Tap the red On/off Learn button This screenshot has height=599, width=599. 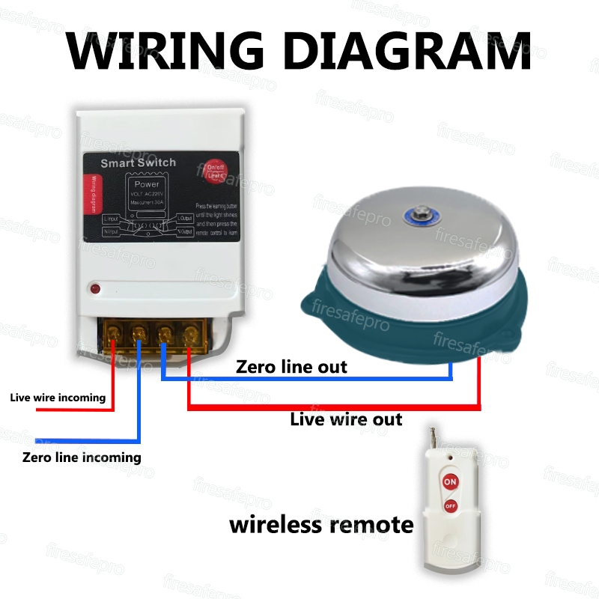tap(216, 171)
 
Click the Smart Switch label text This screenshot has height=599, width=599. tap(139, 162)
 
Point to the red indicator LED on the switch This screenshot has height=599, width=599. tap(95, 288)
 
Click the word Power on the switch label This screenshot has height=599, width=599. tap(147, 184)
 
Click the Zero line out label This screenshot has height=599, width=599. tap(291, 367)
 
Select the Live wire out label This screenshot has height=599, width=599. tap(346, 419)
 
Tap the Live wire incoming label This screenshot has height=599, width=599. tap(58, 397)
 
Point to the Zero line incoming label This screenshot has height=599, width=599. tap(82, 457)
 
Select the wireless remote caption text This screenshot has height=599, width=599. tap(320, 524)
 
